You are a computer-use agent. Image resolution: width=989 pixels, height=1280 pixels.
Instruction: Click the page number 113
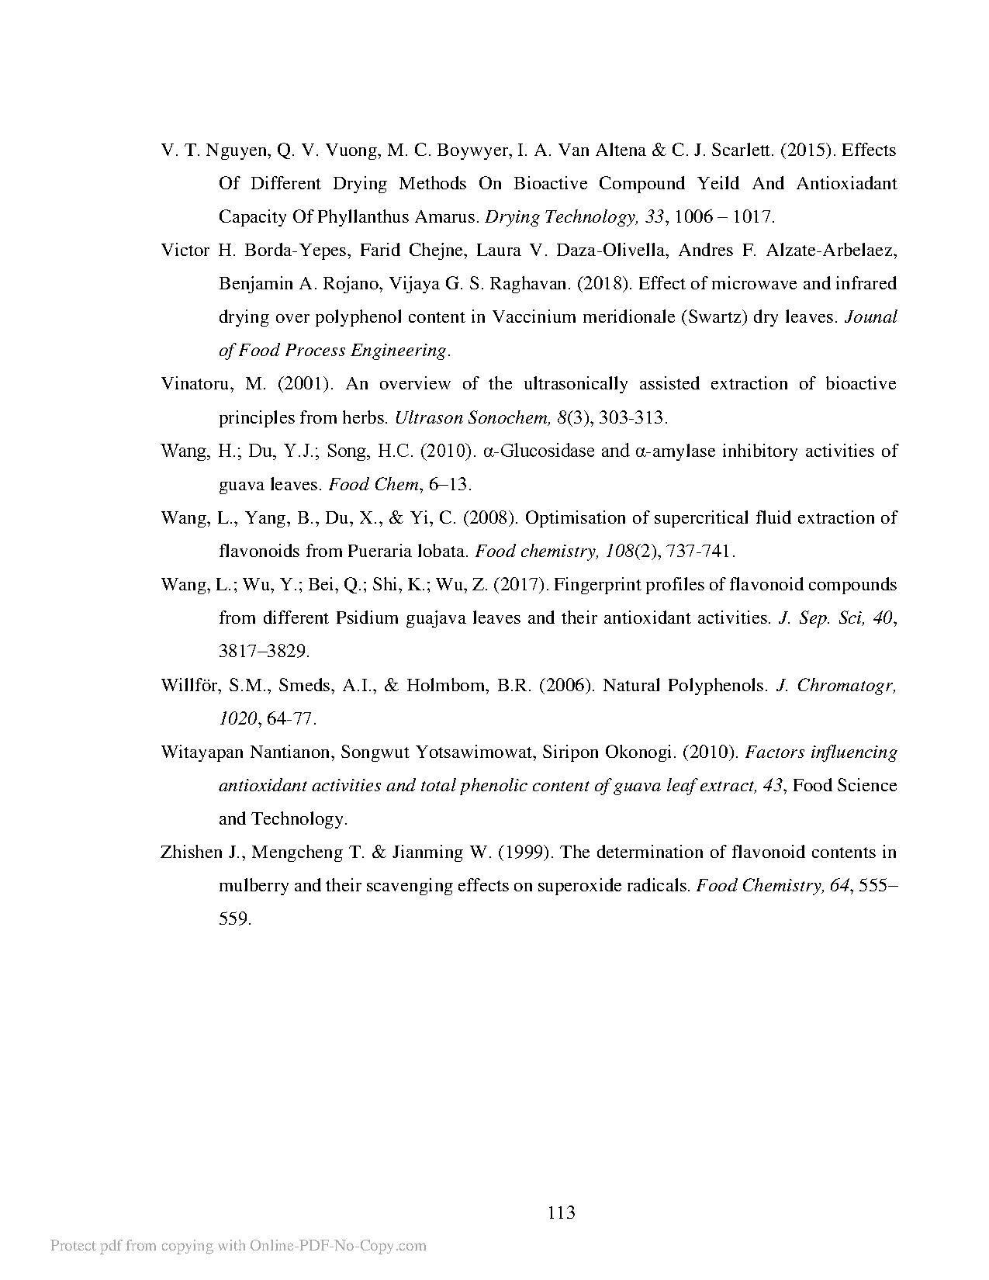pos(561,1213)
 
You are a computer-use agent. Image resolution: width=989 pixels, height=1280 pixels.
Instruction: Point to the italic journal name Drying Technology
pos(571,217)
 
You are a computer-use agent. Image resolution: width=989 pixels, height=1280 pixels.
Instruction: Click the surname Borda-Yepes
pos(296,251)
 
